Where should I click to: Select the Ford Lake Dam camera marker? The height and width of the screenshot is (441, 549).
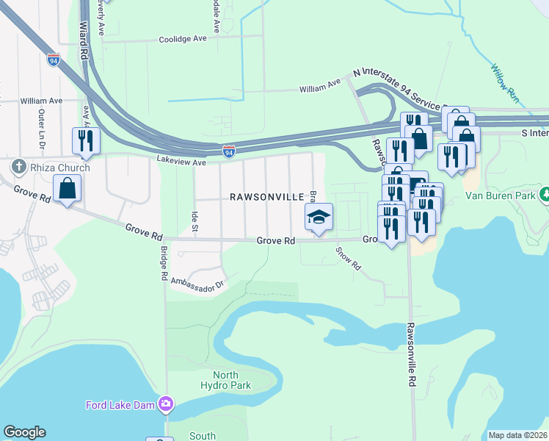pos(166,404)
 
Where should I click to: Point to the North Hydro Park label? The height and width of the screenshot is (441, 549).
pos(226,380)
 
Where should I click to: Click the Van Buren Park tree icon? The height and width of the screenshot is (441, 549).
pos(545,196)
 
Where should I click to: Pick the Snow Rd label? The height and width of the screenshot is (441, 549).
pos(349,257)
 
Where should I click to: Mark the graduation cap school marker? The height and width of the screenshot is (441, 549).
pos(319,217)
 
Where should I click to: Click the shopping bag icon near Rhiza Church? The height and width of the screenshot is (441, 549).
pos(67,188)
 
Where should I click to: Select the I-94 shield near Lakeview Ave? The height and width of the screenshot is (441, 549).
pos(230,151)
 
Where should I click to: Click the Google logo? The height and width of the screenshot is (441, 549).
pos(24,432)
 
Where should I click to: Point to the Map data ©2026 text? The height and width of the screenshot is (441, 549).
pos(517,435)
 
